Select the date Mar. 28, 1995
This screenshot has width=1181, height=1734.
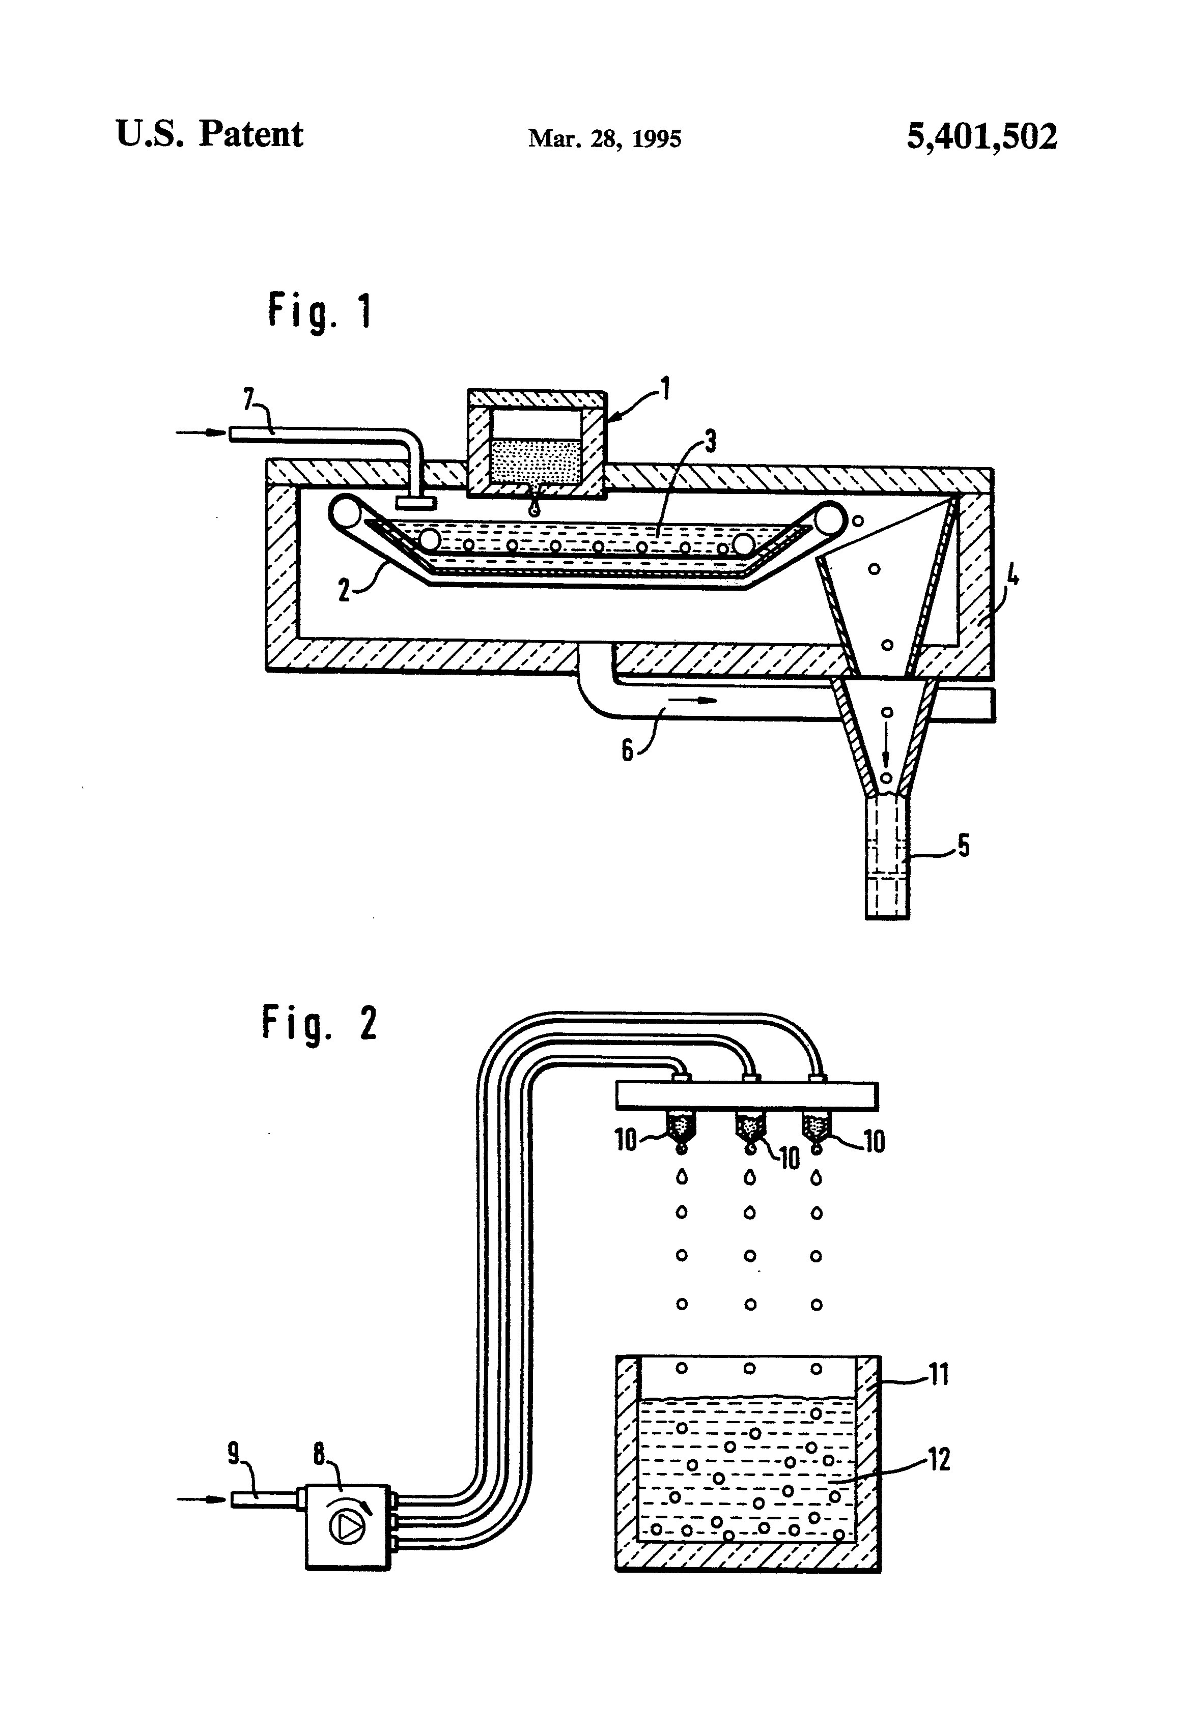point(605,139)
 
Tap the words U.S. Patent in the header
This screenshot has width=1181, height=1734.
point(210,135)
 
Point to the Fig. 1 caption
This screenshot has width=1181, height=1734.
point(320,312)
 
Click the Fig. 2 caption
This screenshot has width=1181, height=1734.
point(320,1024)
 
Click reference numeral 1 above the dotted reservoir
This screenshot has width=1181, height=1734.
point(664,389)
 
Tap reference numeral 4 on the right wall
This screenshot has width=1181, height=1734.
point(1011,577)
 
